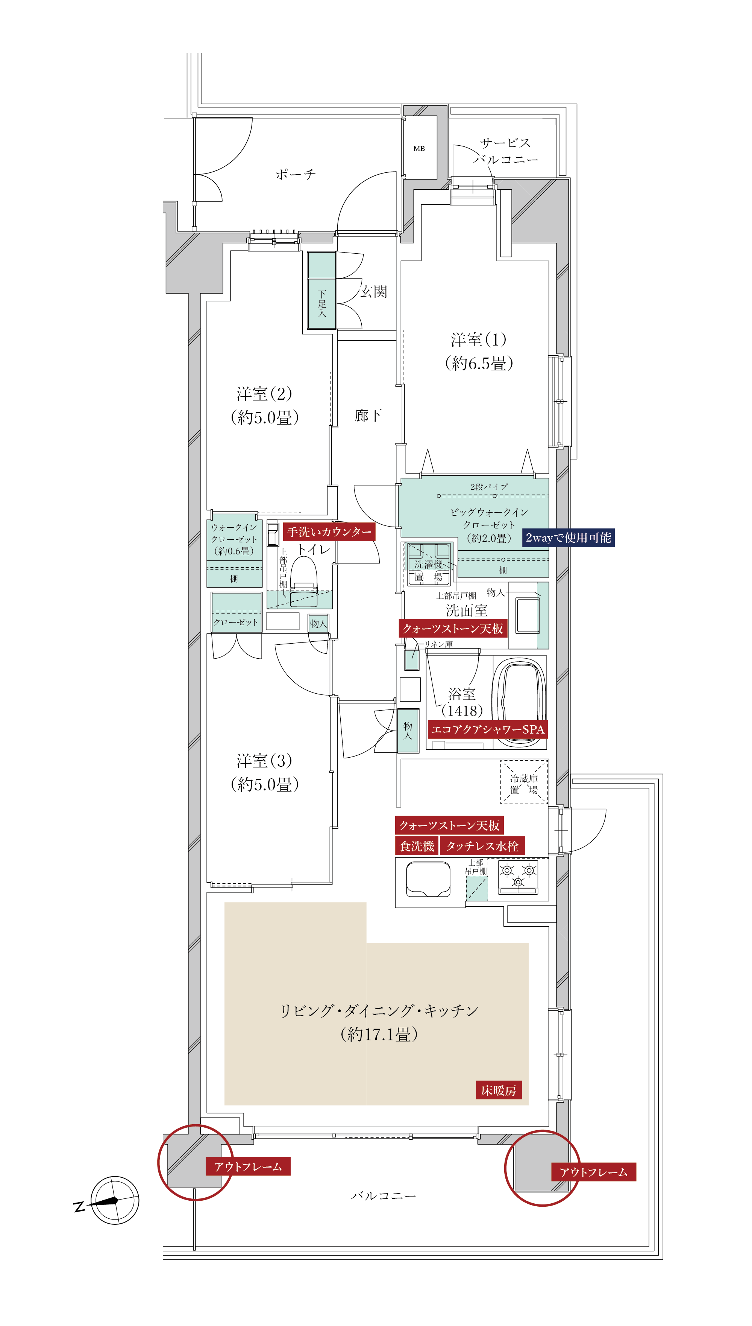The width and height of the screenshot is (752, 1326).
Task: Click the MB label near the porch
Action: coord(419,148)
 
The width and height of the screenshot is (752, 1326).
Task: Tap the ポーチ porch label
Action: coord(296,174)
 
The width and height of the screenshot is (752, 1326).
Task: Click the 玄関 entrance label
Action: coord(373,292)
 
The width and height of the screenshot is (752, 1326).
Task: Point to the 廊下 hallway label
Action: coord(368,415)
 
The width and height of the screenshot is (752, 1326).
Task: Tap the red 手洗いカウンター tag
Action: coord(329,532)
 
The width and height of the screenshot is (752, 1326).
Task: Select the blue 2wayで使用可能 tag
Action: coord(568,537)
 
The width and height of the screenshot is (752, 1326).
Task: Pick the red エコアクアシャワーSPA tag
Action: coord(488,729)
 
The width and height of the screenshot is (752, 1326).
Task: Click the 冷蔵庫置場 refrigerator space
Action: coord(524,782)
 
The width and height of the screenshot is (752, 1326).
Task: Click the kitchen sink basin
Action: coord(428,879)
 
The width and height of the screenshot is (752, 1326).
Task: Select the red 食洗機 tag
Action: coord(417,846)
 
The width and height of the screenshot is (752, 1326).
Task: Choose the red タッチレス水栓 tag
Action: coord(482,846)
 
